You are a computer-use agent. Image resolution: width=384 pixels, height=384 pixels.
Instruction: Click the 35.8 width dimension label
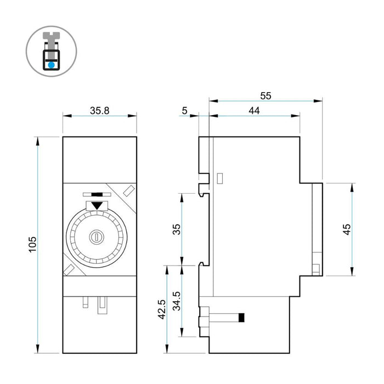pyautogui.click(x=99, y=110)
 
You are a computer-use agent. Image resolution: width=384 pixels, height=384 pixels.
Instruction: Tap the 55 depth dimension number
pyautogui.click(x=266, y=95)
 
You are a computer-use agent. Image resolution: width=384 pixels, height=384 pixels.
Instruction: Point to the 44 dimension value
pyautogui.click(x=254, y=110)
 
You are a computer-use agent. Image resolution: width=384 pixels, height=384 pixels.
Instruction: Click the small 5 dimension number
pyautogui.click(x=184, y=110)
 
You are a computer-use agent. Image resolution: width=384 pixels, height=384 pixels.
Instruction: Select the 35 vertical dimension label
pyautogui.click(x=177, y=229)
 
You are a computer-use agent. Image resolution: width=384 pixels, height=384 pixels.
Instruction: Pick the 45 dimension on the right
pyautogui.click(x=346, y=229)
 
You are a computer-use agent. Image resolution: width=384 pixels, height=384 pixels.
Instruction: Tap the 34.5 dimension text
pyautogui.click(x=177, y=301)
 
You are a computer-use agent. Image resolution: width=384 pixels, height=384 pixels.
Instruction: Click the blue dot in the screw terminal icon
pyautogui.click(x=51, y=65)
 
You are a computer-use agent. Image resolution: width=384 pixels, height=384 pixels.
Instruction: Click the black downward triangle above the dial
pyautogui.click(x=97, y=206)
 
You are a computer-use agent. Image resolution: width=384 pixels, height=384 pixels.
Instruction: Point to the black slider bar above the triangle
pyautogui.click(x=97, y=194)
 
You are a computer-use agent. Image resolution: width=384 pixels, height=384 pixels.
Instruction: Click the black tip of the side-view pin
pyautogui.click(x=242, y=317)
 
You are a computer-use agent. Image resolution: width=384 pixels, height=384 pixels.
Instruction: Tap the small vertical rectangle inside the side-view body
pyautogui.click(x=220, y=178)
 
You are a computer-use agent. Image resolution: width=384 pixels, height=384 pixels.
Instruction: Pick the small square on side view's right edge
pyautogui.click(x=315, y=269)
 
